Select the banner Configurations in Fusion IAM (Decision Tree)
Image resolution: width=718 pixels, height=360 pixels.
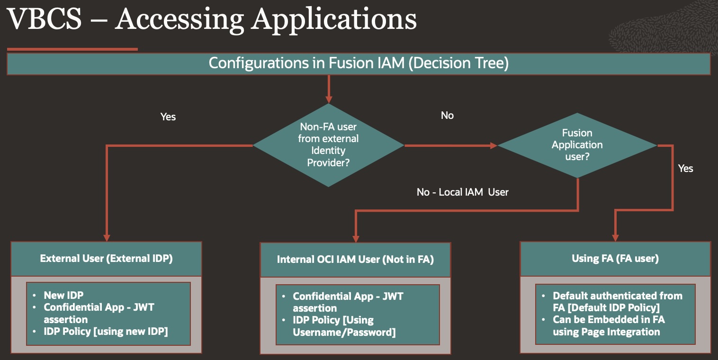tap(359, 63)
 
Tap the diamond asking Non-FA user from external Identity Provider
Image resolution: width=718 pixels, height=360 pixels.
tap(328, 145)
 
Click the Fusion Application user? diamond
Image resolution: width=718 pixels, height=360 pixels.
tap(577, 144)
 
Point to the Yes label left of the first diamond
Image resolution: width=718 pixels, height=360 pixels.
tap(168, 117)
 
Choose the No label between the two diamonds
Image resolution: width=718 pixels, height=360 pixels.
tap(447, 116)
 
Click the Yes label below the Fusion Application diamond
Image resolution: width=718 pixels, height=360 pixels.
tap(685, 168)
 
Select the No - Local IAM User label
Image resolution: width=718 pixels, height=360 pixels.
tap(462, 192)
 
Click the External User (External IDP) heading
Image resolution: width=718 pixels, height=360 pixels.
tap(106, 259)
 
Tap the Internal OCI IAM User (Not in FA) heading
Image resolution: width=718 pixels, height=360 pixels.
tap(355, 260)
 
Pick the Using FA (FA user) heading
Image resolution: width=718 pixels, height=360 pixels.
tap(615, 258)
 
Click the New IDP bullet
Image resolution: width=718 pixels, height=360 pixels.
tap(63, 295)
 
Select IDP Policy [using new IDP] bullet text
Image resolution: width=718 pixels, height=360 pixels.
tap(106, 331)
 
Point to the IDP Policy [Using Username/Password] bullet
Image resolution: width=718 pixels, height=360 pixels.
tap(344, 326)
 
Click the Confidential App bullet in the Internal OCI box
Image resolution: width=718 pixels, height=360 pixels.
tap(348, 302)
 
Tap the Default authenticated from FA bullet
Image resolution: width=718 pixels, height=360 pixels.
tap(617, 301)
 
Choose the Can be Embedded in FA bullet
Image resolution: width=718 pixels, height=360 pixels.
tap(608, 325)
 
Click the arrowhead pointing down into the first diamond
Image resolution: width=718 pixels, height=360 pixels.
tap(328, 99)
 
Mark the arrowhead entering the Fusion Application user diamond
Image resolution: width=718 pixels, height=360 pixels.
tap(494, 145)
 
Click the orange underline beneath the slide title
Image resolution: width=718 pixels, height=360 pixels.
tap(72, 49)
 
